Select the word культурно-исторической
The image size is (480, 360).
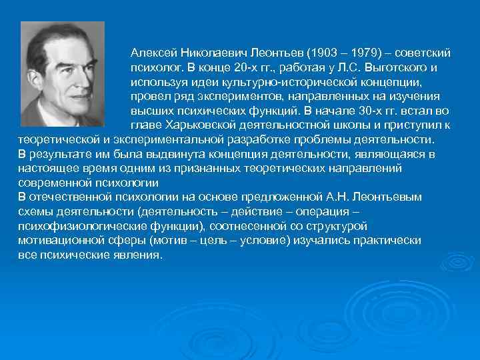tap(293, 82)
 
